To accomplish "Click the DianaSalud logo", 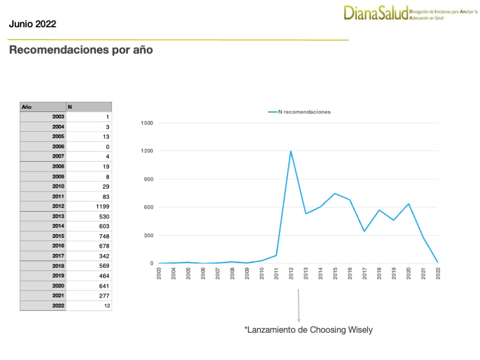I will tap(376, 12).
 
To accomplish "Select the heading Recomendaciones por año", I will tap(81, 50).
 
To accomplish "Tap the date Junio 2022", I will tap(33, 24).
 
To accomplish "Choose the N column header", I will tap(89, 107).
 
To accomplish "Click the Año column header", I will tap(43, 107).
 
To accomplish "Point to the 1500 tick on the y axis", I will tap(147, 123).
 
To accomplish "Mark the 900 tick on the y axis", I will tap(148, 179).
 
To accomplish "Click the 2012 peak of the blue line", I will tap(291, 151).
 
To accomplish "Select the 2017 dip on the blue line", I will tap(364, 231).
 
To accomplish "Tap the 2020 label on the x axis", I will tap(409, 273).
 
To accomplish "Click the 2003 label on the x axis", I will tap(159, 273).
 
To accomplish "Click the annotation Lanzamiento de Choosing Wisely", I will tap(308, 330).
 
